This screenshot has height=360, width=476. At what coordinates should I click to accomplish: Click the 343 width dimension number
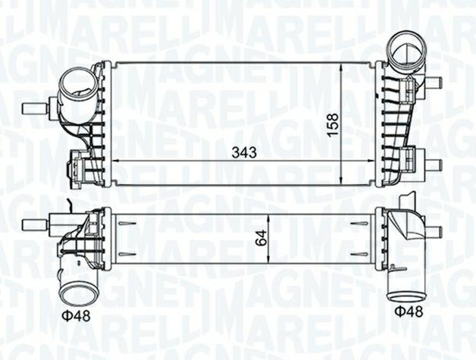pyautogui.click(x=245, y=152)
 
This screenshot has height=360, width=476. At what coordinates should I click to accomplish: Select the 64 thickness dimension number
pyautogui.click(x=261, y=237)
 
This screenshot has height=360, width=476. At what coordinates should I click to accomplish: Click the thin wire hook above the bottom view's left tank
pyautogui.click(x=69, y=205)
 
